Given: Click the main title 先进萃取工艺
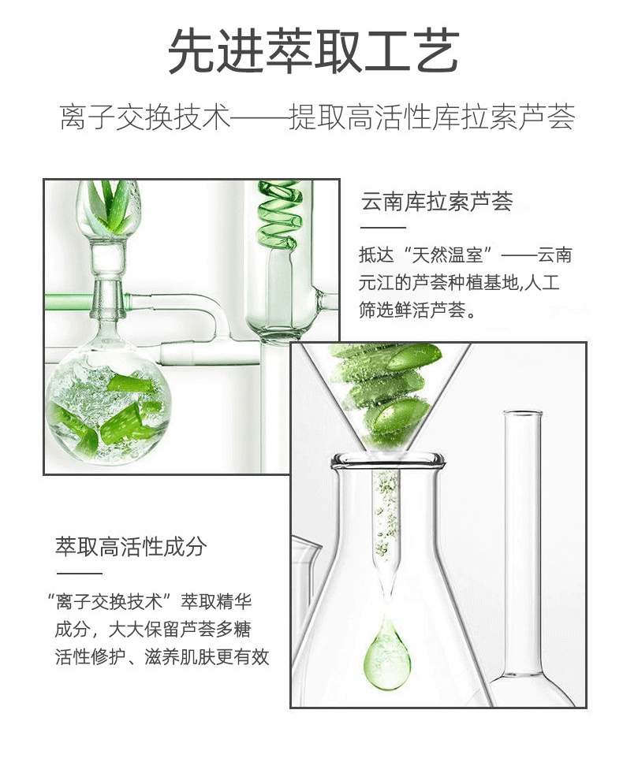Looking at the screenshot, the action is pyautogui.click(x=314, y=50).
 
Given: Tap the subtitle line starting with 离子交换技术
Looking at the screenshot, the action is pyautogui.click(x=317, y=117).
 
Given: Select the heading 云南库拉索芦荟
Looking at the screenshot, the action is pyautogui.click(x=437, y=201).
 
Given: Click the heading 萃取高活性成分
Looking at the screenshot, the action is pyautogui.click(x=131, y=547).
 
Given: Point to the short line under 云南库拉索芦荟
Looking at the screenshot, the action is pyautogui.click(x=382, y=228).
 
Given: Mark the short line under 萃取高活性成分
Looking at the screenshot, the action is pyautogui.click(x=79, y=574).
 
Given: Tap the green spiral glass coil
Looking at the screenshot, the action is pyautogui.click(x=278, y=214).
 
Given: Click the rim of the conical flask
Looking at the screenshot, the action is pyautogui.click(x=388, y=462).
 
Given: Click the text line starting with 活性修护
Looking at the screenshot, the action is pyautogui.click(x=162, y=657).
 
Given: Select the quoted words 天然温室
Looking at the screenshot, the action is pyautogui.click(x=448, y=255).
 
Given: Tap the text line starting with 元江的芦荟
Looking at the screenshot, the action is pyautogui.click(x=459, y=283).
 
